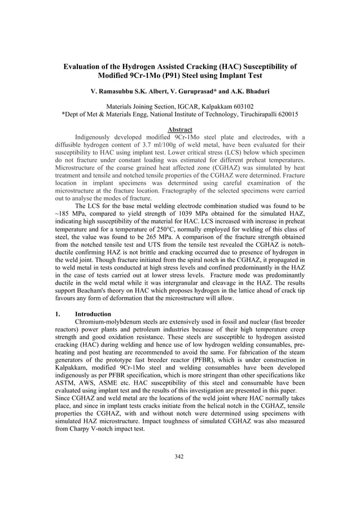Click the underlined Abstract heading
pos(180,129)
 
